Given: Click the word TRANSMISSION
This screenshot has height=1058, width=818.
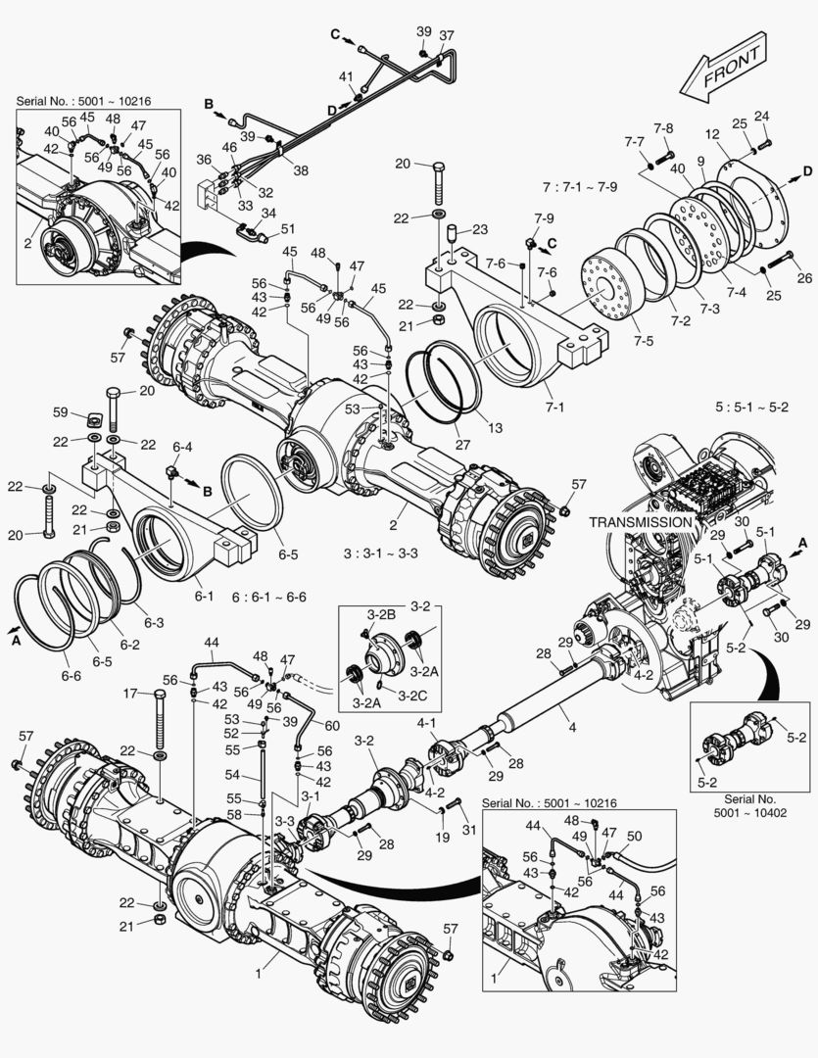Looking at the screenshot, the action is (640, 522).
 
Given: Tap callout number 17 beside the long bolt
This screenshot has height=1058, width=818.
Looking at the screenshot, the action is (129, 694).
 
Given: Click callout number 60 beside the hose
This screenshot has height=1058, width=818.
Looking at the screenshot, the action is (332, 725).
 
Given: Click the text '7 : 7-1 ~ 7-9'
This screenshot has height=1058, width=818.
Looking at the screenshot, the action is (586, 186).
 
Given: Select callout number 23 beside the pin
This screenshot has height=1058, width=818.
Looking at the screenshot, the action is (479, 231).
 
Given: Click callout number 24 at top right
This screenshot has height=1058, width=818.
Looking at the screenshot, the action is (761, 116).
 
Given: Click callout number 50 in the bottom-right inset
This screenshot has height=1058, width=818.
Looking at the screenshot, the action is (635, 836).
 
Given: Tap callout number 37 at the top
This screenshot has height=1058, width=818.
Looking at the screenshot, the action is (446, 37).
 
